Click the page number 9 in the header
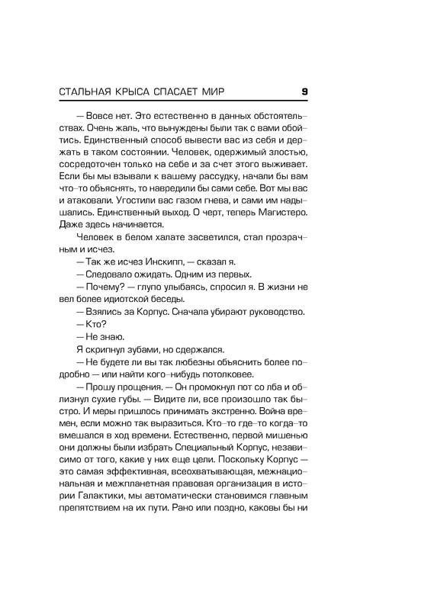tap(304, 92)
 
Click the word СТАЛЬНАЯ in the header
tap(88, 92)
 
